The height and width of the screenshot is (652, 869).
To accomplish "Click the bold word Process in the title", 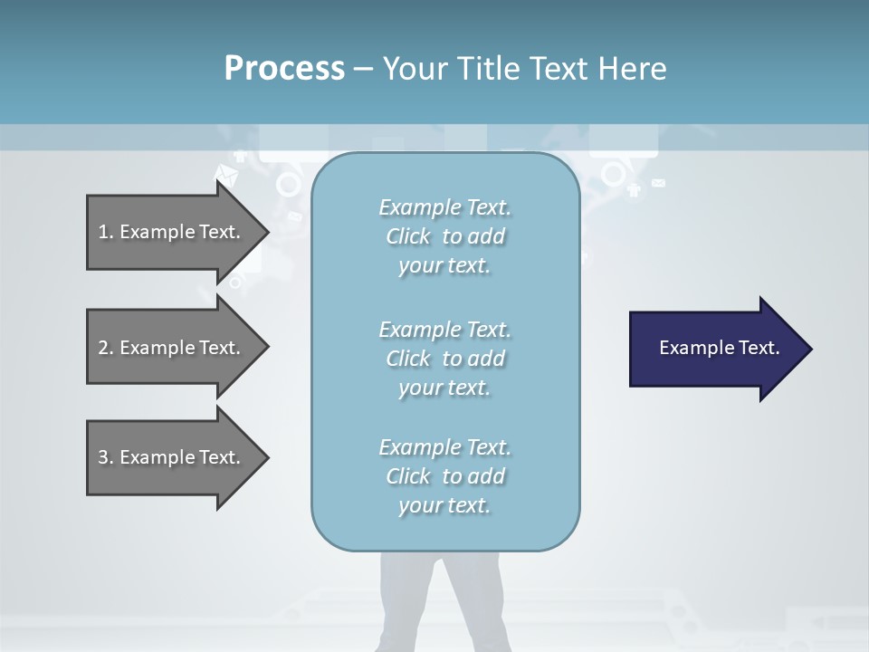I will pos(284,69).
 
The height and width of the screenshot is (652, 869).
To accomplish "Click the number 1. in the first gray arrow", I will pos(106,232).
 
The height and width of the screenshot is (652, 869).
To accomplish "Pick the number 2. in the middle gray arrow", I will pos(106,348).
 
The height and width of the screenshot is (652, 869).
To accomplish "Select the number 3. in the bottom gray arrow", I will pos(106,457).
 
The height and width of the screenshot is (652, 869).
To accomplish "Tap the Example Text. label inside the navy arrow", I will pos(719,348).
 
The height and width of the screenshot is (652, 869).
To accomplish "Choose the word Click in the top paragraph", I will pos(408,237).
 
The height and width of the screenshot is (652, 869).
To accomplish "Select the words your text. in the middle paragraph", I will pos(444,388).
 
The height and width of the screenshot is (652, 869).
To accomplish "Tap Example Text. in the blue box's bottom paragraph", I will pos(444,447).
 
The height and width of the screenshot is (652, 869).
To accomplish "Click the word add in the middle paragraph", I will pos(486,360).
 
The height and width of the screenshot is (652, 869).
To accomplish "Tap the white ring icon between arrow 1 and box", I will pos(288,185).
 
